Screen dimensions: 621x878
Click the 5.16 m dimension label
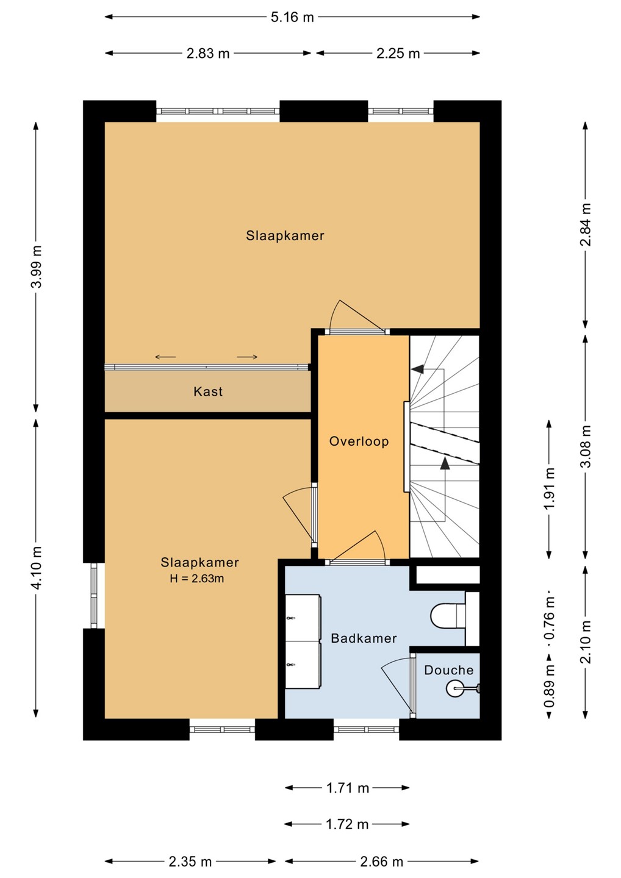pos(292,18)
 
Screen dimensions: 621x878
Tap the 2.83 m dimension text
pos(208,53)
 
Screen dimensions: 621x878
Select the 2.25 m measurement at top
pos(398,53)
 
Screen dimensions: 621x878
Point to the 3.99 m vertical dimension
pos(37,266)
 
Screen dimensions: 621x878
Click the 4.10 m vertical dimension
pos(37,568)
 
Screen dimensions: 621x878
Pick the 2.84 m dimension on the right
pos(586,224)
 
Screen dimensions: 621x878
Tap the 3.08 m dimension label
pos(586,446)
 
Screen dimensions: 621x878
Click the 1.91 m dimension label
pos(549,488)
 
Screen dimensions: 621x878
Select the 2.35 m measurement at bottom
pos(190,862)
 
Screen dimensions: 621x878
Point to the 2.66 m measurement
pos(381,862)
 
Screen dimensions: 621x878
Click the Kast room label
pos(208,391)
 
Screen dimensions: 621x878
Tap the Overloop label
pos(359,441)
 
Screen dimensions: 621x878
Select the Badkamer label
pos(364,638)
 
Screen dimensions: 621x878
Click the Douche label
pos(448,670)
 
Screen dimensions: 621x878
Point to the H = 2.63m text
pos(197,579)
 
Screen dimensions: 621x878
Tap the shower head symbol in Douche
pos(454,688)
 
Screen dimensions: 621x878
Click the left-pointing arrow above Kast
pos(165,357)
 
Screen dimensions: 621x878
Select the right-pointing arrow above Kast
pos(247,357)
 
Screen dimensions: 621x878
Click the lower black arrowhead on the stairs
pos(444,463)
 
